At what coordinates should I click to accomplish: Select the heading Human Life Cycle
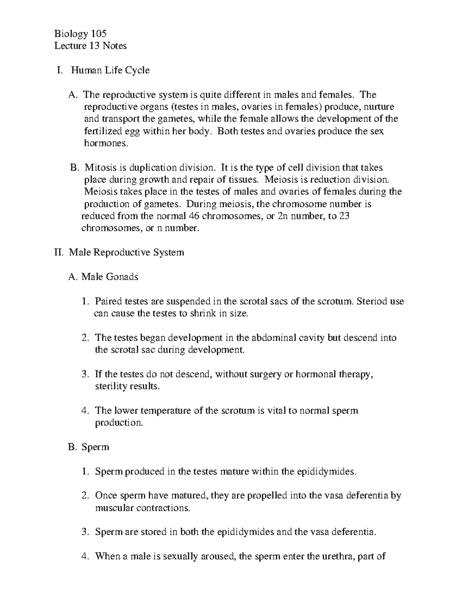click(110, 70)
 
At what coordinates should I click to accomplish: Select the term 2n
click(283, 216)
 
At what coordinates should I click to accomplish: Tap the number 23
click(344, 216)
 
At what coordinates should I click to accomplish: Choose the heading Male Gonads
click(110, 277)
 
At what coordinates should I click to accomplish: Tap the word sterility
click(110, 386)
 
